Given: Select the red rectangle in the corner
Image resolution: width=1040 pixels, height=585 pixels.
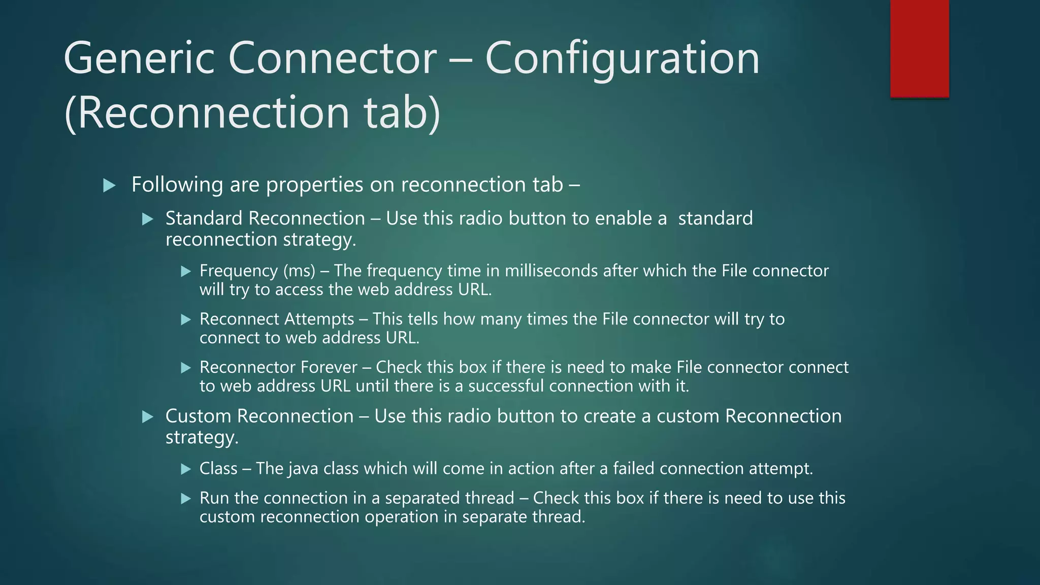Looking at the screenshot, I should [x=919, y=49].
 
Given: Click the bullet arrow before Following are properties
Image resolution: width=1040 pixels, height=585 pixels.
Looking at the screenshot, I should [x=109, y=185].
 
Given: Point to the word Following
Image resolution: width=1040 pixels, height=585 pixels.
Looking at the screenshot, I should [x=177, y=185].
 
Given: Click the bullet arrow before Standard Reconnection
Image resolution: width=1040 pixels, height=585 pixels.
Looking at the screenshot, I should [x=148, y=219].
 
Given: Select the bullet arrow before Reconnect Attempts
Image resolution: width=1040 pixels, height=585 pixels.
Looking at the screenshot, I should [x=186, y=319].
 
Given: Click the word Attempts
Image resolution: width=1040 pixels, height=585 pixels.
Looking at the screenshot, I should [x=319, y=319].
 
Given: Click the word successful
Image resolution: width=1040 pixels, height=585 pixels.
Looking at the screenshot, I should [x=506, y=386].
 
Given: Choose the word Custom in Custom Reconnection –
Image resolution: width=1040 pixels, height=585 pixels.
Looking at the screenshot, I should [x=199, y=416].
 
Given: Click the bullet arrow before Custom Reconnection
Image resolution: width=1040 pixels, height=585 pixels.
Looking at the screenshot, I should [x=148, y=417].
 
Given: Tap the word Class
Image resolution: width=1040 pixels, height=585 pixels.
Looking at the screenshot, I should [x=218, y=468].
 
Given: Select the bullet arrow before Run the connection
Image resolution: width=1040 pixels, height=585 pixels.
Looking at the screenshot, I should [x=186, y=499].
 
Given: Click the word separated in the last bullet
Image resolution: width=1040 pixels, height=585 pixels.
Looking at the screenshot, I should [x=449, y=498].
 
